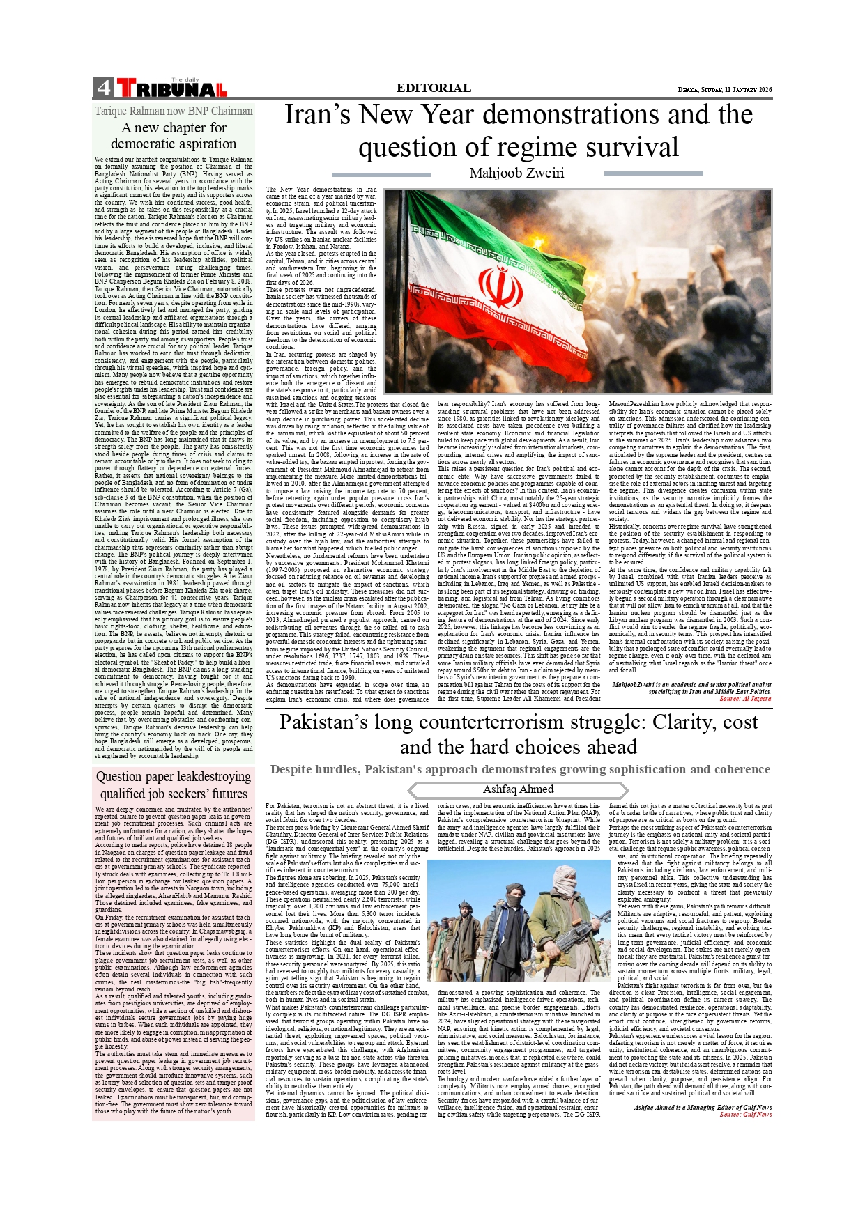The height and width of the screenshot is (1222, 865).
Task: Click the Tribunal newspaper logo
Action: click(171, 88)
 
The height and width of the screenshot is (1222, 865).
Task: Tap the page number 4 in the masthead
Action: click(103, 88)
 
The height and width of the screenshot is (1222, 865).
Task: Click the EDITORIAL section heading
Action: click(434, 88)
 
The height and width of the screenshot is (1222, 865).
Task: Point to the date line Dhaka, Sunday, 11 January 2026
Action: click(725, 90)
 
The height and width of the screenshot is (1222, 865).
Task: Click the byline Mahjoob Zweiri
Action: click(516, 173)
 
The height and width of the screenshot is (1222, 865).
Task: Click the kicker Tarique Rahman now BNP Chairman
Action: click(174, 111)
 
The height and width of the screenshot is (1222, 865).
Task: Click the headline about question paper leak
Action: click(174, 785)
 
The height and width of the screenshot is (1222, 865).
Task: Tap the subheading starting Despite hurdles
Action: click(520, 769)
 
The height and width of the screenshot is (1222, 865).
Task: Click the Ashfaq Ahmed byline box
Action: click(518, 789)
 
